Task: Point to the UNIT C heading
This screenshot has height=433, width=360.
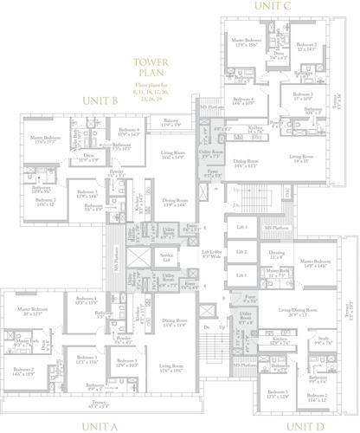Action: [272, 6]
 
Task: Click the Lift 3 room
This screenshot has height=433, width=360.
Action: [243, 227]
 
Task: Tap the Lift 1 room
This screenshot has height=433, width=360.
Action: [243, 275]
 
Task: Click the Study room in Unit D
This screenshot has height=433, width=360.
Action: [324, 342]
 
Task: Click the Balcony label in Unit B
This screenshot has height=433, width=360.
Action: [171, 123]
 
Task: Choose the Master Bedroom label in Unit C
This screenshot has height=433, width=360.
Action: [247, 42]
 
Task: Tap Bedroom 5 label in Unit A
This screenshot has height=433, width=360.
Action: [127, 362]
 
